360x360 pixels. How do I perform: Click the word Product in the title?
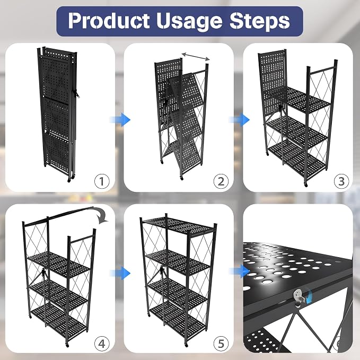pyautogui.click(x=109, y=21)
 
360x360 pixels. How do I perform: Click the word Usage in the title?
pyautogui.click(x=190, y=21)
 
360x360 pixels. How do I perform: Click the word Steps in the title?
pyautogui.click(x=260, y=21)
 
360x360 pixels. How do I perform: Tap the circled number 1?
pyautogui.click(x=102, y=181)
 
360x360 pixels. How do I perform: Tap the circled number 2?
pyautogui.click(x=221, y=181)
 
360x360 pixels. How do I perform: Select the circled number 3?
pyautogui.click(x=341, y=181)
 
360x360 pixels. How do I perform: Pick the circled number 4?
pyautogui.click(x=102, y=344)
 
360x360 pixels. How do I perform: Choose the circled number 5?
pyautogui.click(x=221, y=344)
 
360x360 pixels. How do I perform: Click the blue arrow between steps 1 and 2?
pyautogui.click(x=120, y=120)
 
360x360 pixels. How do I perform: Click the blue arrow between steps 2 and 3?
pyautogui.click(x=239, y=120)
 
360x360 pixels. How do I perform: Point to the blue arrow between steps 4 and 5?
pyautogui.click(x=120, y=273)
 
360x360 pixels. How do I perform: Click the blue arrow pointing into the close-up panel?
pyautogui.click(x=239, y=271)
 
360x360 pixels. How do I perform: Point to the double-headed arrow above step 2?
pyautogui.click(x=196, y=56)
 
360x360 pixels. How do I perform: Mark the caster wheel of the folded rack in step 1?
pyautogui.click(x=69, y=180)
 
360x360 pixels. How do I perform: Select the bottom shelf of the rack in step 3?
pyautogui.click(x=297, y=160)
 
